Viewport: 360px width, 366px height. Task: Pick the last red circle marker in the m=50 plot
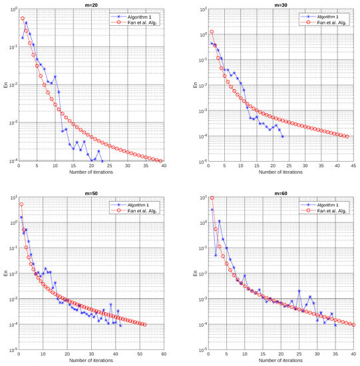point(144,325)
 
